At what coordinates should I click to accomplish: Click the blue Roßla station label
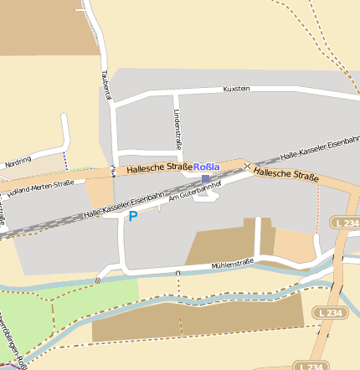pos(206,167)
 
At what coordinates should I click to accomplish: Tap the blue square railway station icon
pos(206,178)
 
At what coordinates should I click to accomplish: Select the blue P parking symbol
pos(132,216)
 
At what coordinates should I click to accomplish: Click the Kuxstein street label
pos(237,88)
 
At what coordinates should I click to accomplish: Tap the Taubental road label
pos(106,85)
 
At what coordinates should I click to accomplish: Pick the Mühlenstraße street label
pos(232,262)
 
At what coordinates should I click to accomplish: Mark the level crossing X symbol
pos(247,167)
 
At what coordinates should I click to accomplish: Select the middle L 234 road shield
pos(332,312)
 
